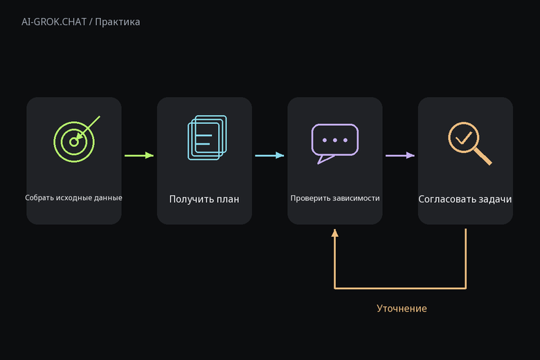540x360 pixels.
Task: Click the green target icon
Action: [74, 142]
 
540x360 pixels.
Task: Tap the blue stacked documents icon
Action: [207, 138]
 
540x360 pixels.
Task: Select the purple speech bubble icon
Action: [335, 143]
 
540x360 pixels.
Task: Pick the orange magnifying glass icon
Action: [470, 143]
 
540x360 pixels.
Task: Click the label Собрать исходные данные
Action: [73, 198]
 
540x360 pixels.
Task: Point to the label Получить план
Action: [204, 199]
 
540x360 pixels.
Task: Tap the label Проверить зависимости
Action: [335, 198]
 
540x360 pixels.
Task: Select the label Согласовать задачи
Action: [465, 199]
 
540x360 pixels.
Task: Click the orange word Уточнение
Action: [402, 308]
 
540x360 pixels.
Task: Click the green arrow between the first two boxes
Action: [139, 155]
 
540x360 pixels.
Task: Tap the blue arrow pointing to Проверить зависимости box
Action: [269, 155]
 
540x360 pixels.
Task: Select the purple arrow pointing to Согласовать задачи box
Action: [400, 155]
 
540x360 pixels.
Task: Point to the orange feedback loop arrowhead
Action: [335, 233]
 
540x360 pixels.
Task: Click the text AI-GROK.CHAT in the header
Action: [54, 22]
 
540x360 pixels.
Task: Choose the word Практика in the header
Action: [118, 22]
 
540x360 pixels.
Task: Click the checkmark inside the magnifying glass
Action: [464, 138]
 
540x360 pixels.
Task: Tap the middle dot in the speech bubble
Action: [335, 141]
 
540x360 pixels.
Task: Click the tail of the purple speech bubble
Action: [324, 159]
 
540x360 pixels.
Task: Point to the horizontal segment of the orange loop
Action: [400, 288]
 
